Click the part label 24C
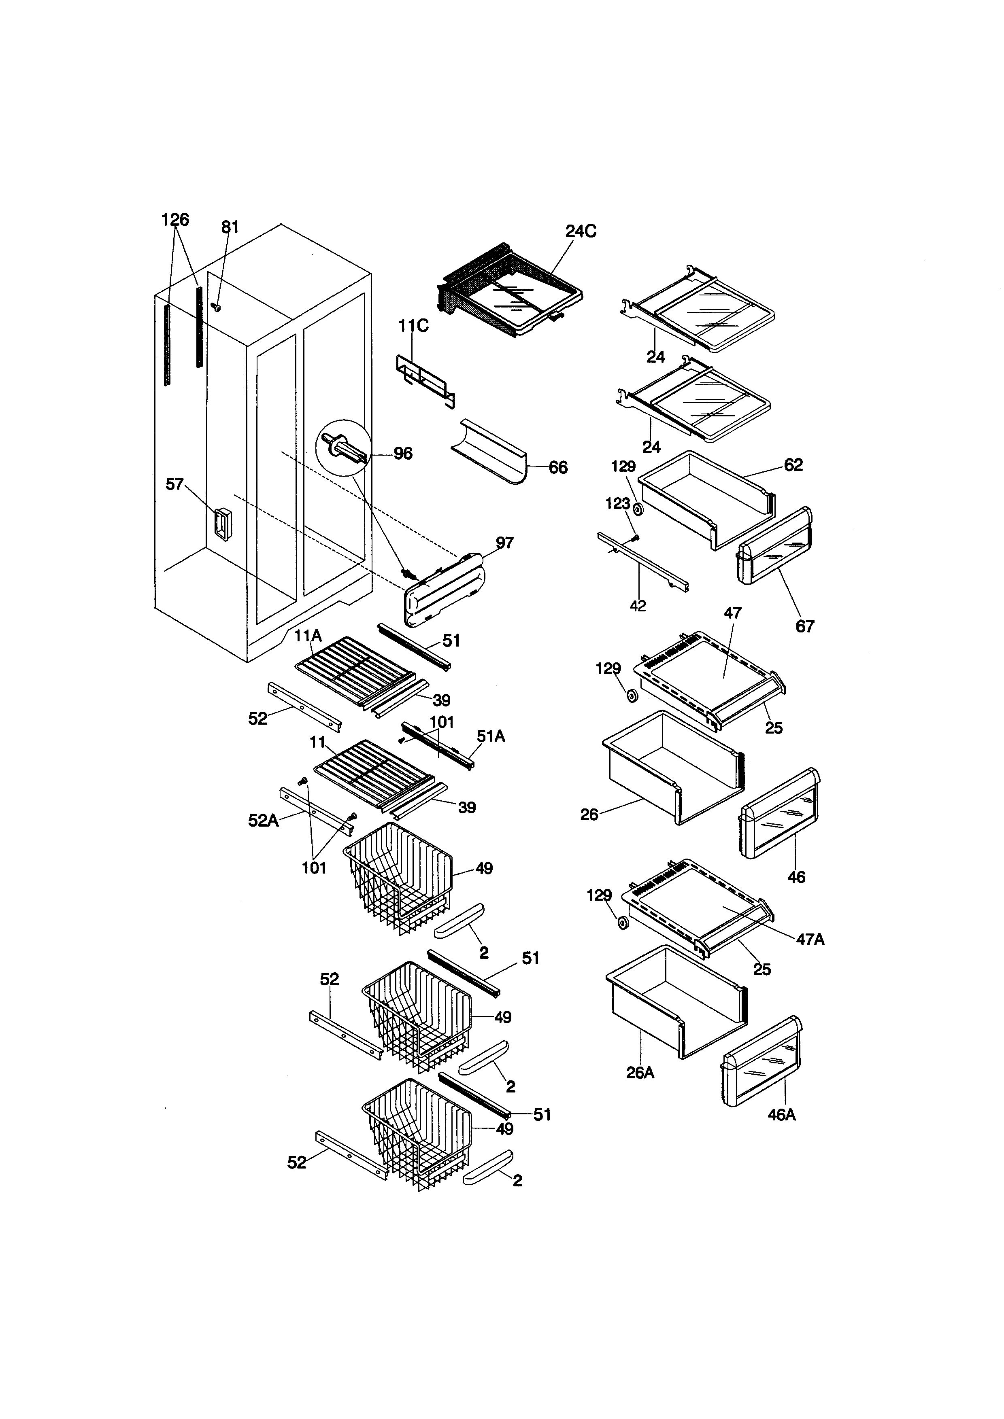581,231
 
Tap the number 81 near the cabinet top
230,227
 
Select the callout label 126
175,219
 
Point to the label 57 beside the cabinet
174,484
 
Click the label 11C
414,326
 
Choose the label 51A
491,736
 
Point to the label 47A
810,940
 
